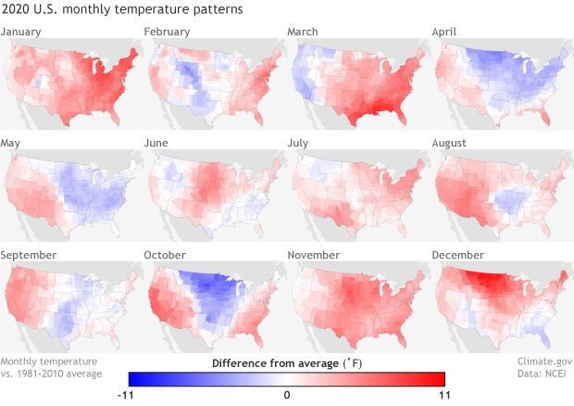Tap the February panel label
click(x=168, y=32)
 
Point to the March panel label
click(x=304, y=32)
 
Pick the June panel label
click(x=159, y=144)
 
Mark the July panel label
click(x=301, y=144)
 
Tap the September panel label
click(x=29, y=254)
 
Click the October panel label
click(x=166, y=254)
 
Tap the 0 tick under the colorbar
click(x=287, y=395)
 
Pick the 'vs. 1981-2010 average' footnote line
click(x=52, y=374)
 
